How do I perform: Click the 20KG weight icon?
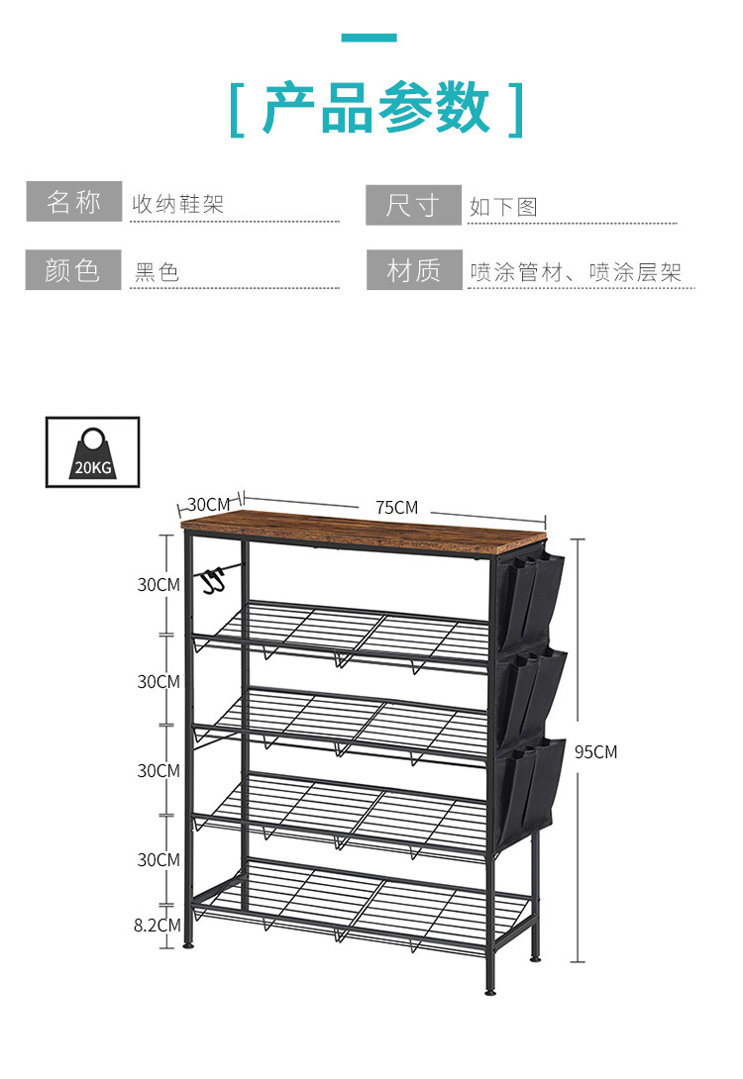[92, 452]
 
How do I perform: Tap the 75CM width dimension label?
[396, 508]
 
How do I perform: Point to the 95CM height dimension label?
[595, 752]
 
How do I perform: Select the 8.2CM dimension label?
[157, 926]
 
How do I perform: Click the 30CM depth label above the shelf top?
[208, 505]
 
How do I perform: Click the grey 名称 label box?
[74, 202]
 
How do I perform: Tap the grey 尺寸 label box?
[413, 205]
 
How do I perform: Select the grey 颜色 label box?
[73, 269]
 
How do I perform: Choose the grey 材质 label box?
[414, 269]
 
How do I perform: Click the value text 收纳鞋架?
[178, 204]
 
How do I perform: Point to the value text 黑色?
[157, 272]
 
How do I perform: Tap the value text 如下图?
[503, 207]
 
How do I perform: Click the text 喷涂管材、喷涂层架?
[576, 272]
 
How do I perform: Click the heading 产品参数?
[376, 108]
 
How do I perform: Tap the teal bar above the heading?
[370, 38]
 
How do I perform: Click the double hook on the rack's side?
[214, 579]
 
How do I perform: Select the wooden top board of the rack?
[365, 527]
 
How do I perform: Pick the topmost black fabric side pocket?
[530, 600]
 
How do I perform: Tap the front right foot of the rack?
[489, 991]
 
